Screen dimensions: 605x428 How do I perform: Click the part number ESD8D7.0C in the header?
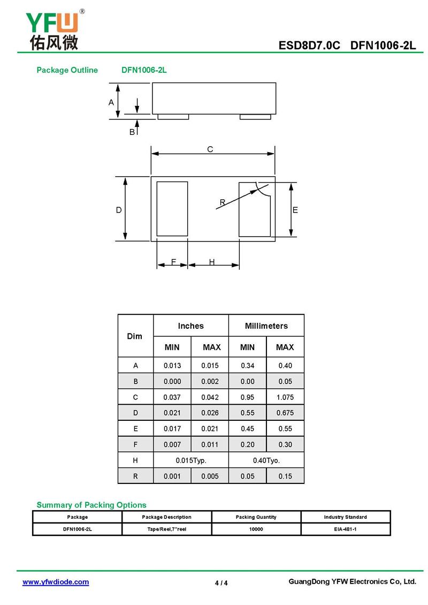click(309, 46)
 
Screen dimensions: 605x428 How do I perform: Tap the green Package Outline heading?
click(67, 70)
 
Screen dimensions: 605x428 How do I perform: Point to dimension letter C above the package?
click(210, 149)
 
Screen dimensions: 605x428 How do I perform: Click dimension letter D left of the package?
click(119, 210)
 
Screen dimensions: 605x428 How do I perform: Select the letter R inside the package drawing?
click(222, 202)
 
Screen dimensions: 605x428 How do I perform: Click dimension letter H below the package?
click(212, 262)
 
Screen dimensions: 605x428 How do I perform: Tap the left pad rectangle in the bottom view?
click(172, 209)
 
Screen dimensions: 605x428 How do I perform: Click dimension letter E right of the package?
click(295, 210)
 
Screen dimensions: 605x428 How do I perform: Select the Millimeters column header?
click(266, 326)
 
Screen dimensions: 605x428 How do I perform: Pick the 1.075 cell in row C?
click(285, 397)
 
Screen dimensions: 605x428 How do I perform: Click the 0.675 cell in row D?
click(285, 413)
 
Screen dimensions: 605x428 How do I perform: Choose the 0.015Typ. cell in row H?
click(191, 460)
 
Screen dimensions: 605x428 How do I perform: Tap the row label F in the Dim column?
click(135, 444)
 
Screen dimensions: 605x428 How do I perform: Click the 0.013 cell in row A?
click(172, 366)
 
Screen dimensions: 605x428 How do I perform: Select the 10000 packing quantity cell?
click(256, 529)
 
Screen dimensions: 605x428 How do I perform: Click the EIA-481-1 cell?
click(345, 529)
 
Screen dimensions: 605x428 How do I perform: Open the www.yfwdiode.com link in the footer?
click(56, 582)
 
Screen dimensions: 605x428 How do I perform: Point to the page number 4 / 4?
click(221, 583)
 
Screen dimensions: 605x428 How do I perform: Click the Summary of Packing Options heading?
click(91, 505)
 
